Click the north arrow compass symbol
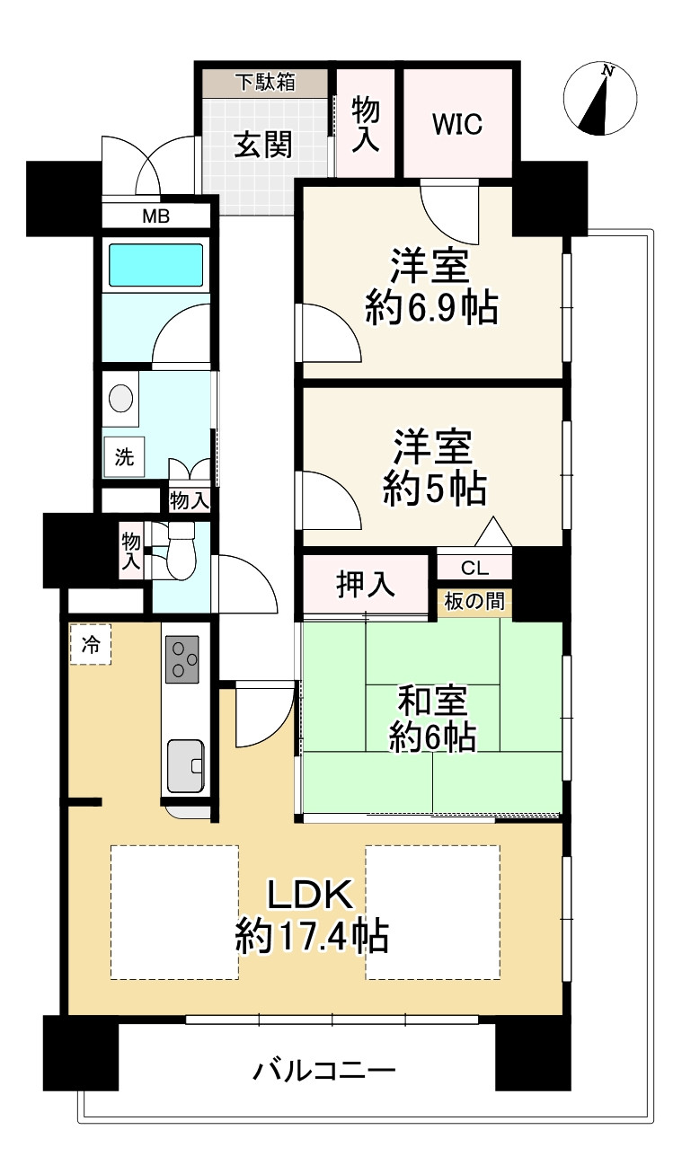coord(600,98)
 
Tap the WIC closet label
coord(457,124)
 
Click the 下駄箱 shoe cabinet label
coord(265,83)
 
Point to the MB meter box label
coord(156,216)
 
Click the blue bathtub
coord(155,265)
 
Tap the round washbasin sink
coord(121,398)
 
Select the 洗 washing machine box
coord(124,457)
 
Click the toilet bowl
coord(181,551)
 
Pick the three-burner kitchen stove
coord(182,658)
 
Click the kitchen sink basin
coord(186,765)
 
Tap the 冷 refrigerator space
coord(91,644)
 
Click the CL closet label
coord(475,568)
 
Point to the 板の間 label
coord(474,601)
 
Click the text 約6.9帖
coord(431,309)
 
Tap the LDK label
coord(310,894)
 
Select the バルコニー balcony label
coord(324,1070)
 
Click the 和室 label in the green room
coord(432,701)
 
